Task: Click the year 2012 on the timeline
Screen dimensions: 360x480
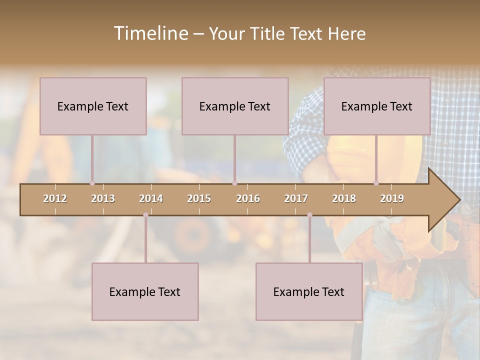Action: click(x=55, y=198)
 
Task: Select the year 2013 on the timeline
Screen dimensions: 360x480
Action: click(x=103, y=198)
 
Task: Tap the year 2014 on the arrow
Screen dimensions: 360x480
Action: click(x=151, y=198)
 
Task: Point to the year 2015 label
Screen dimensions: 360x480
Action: click(x=199, y=198)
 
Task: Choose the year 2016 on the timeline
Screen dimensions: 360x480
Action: click(x=248, y=198)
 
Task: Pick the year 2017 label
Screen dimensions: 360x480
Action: click(x=296, y=198)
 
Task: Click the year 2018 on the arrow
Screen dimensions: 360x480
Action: click(x=344, y=198)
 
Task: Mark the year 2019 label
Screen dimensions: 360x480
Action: click(x=392, y=198)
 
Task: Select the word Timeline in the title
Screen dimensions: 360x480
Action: click(x=150, y=33)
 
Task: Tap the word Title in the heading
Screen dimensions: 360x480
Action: click(x=267, y=33)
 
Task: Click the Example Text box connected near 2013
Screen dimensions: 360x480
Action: click(x=93, y=106)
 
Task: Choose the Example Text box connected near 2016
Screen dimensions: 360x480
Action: click(x=235, y=106)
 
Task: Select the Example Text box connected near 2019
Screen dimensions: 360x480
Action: click(x=377, y=106)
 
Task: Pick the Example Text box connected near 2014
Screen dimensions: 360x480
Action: click(x=145, y=291)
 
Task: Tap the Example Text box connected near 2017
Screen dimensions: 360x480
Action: click(x=309, y=291)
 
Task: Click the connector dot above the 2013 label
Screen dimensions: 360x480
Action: click(x=92, y=183)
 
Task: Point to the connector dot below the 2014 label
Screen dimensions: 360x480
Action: click(x=145, y=215)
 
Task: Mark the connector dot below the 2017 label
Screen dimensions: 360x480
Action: click(x=309, y=215)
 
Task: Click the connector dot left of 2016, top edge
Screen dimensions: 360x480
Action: click(x=234, y=183)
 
